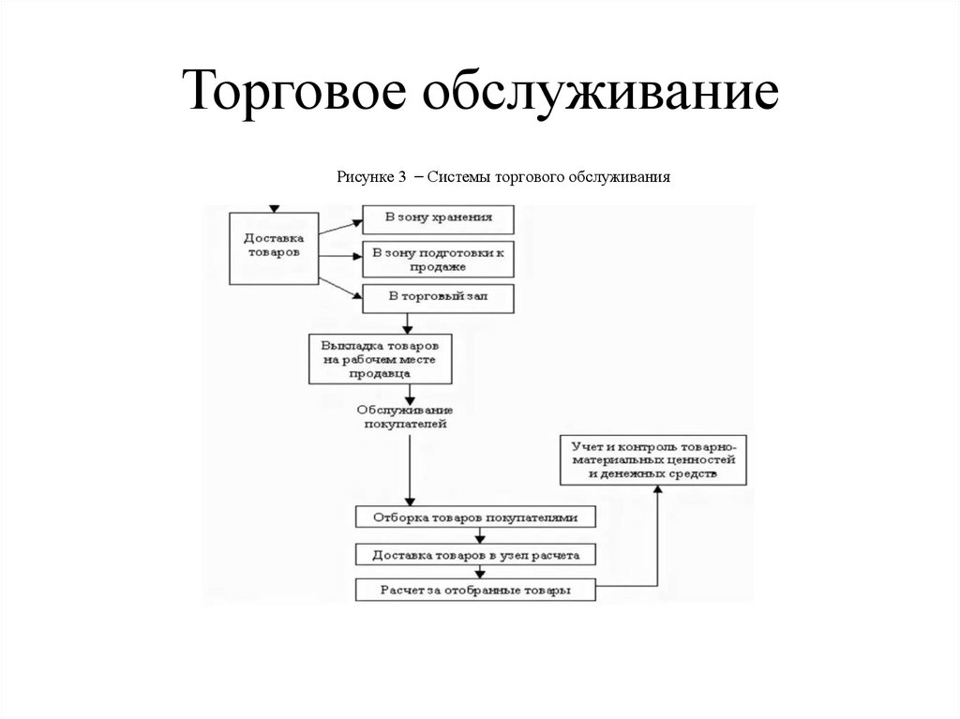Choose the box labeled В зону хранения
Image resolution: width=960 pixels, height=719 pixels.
point(439,218)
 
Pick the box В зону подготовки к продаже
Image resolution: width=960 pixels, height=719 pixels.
point(439,259)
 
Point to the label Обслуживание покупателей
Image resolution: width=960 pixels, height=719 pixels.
point(405,417)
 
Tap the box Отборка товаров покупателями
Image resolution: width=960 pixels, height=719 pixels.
point(476,517)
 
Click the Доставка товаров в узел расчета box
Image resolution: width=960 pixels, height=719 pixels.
point(476,554)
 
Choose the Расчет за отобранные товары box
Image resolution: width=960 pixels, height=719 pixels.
point(476,591)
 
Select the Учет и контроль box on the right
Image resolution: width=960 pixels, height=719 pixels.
point(653,459)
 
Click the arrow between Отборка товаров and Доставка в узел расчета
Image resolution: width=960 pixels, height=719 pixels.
point(480,535)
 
